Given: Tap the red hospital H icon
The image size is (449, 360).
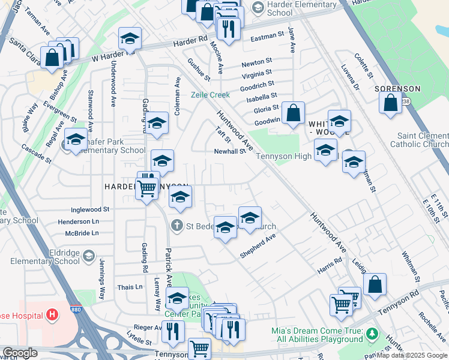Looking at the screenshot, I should coord(52,314).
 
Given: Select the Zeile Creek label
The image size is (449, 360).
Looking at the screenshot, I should coord(211,95).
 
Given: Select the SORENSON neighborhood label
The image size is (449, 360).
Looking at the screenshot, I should coord(397,89).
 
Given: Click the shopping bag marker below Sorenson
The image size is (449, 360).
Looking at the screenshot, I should coord(391,103).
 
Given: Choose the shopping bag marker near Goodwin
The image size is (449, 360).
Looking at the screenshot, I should coord(294,113).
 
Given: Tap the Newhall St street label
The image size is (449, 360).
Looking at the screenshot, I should coord(230,152).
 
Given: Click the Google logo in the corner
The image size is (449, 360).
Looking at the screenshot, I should coord(19,352).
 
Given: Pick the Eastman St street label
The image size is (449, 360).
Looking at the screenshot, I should coord(267,37).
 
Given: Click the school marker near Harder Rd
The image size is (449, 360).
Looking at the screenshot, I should coord(130,39).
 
